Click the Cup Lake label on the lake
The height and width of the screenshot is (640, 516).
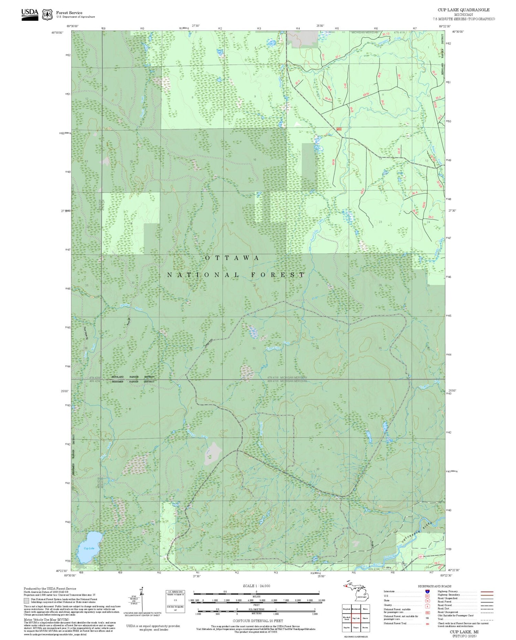pyautogui.click(x=89, y=548)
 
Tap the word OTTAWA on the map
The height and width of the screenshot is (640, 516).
pyautogui.click(x=232, y=258)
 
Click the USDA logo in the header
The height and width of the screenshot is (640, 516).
pyautogui.click(x=30, y=14)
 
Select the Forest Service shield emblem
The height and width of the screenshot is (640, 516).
pyautogui.click(x=47, y=14)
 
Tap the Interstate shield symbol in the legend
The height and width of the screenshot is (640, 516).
pyautogui.click(x=427, y=592)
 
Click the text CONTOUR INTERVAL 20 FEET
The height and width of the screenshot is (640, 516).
pyautogui.click(x=258, y=621)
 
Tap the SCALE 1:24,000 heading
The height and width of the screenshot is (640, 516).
pyautogui.click(x=256, y=586)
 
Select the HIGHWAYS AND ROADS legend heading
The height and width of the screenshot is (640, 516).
pyautogui.click(x=434, y=586)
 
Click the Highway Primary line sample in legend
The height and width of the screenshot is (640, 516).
pyautogui.click(x=485, y=592)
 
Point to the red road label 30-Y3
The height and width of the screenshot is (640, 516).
pyautogui.click(x=386, y=34)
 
